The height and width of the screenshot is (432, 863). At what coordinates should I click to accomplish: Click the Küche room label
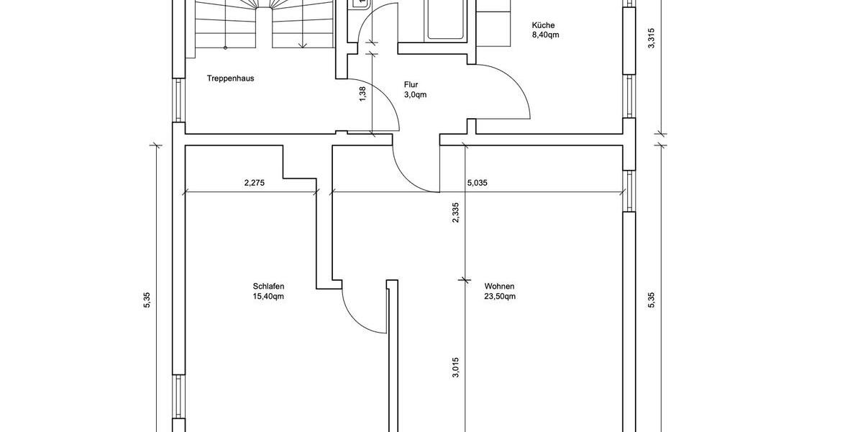(x=543, y=25)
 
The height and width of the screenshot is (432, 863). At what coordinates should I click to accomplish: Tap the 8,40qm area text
(x=545, y=35)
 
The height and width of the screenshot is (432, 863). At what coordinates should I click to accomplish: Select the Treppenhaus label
(x=230, y=78)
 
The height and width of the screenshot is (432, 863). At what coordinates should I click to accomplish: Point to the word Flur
(x=411, y=84)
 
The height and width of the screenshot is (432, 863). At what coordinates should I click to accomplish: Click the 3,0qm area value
(x=415, y=94)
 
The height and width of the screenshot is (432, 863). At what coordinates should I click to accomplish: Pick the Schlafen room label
(x=269, y=286)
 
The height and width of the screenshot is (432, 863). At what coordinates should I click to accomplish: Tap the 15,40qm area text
(x=269, y=296)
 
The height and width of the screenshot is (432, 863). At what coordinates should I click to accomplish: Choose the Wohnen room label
(x=499, y=286)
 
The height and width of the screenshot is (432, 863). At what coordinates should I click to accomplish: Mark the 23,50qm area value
(x=500, y=296)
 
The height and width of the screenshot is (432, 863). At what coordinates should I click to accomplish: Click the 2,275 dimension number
(x=255, y=183)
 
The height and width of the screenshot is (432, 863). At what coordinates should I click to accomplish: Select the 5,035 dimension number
(x=477, y=183)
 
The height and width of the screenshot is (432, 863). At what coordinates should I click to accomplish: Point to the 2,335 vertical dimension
(x=455, y=212)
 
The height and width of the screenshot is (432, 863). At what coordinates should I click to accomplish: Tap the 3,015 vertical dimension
(x=455, y=367)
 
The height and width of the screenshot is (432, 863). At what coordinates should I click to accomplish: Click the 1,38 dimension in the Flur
(x=362, y=94)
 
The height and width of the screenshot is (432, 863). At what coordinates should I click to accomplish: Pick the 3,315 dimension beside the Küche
(x=652, y=37)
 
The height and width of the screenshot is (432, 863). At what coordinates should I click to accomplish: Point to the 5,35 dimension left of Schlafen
(x=147, y=300)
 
